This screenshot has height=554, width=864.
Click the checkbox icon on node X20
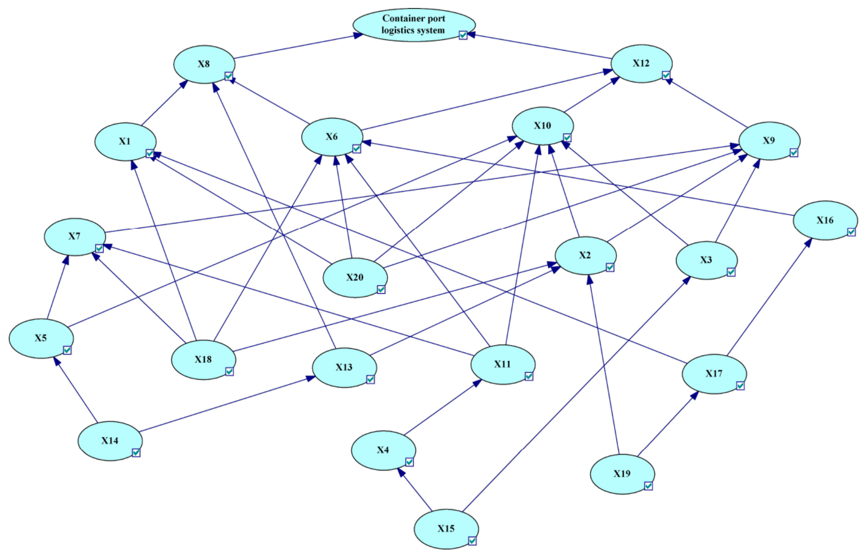[x=381, y=290]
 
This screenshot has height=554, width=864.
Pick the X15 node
[x=446, y=529]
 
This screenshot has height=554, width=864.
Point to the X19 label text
[x=622, y=474]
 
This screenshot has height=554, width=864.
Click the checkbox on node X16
[x=851, y=232]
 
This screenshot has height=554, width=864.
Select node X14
[x=110, y=441]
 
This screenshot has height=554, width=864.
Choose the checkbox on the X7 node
[x=99, y=249]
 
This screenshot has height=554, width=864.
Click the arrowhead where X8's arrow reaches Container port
[x=358, y=35]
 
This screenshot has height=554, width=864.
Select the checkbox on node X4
[x=409, y=462]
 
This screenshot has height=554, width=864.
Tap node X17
[x=714, y=374]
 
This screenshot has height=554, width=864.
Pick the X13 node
[x=344, y=367]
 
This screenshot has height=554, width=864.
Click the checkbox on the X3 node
[x=731, y=272]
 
